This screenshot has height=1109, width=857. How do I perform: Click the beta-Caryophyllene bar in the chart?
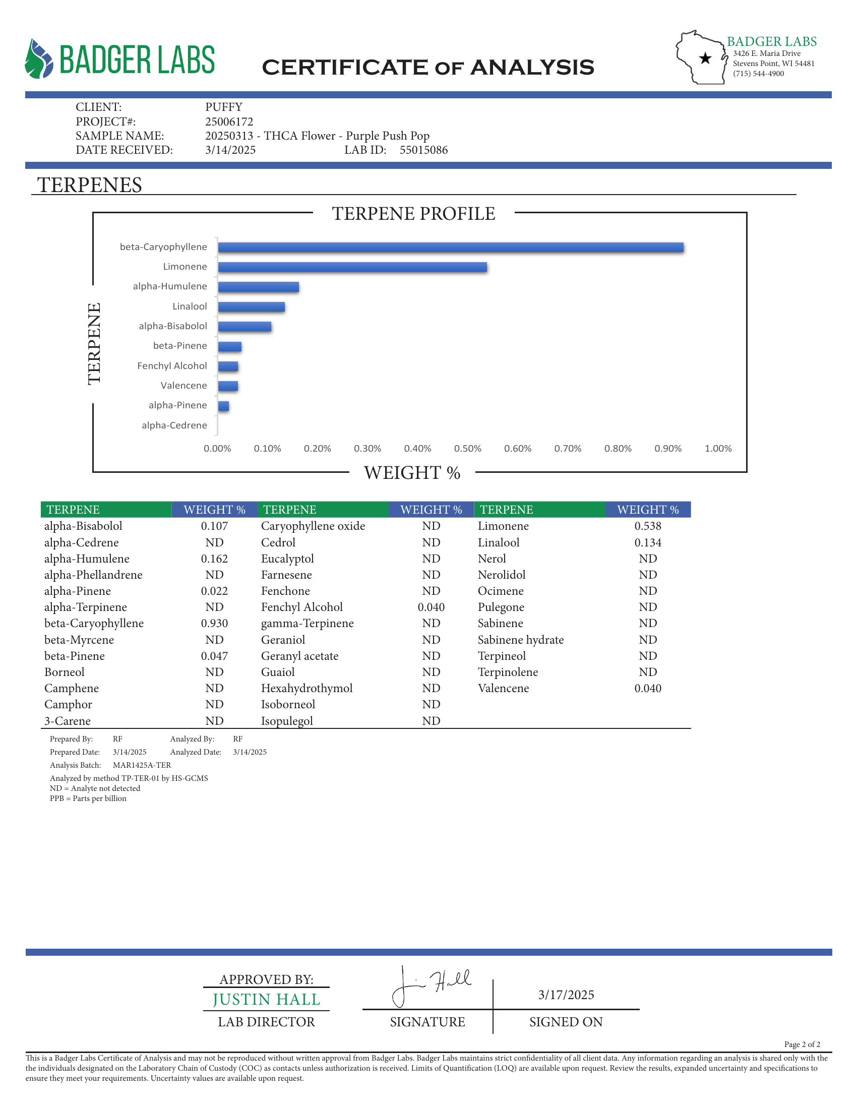point(450,248)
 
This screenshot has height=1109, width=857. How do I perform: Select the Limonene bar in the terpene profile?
point(352,267)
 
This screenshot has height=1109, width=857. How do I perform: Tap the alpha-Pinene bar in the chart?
point(223,406)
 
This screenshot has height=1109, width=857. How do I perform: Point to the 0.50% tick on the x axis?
point(468,448)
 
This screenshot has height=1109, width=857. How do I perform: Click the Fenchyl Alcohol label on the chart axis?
point(172,365)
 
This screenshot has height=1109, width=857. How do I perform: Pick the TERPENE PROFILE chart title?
point(413,214)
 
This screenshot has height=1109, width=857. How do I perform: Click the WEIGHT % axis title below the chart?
point(412,473)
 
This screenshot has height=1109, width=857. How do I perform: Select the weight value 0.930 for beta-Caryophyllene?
point(214,623)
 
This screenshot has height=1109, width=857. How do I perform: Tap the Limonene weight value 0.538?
point(648,526)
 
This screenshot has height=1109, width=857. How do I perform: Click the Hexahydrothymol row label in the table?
point(307,688)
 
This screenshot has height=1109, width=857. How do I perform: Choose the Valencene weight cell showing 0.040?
point(648,688)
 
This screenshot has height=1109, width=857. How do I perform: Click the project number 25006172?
point(229,121)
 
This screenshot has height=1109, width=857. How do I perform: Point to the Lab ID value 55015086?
point(423,150)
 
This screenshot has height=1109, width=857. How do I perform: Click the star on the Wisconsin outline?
point(705,58)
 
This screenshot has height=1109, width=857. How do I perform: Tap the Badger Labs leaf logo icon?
point(39,59)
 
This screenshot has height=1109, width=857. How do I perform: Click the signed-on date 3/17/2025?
point(566,995)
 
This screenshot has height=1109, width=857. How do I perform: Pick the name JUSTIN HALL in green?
point(267,999)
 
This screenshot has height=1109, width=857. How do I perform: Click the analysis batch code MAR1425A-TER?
point(142,765)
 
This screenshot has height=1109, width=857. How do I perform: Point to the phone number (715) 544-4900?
point(758,74)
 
